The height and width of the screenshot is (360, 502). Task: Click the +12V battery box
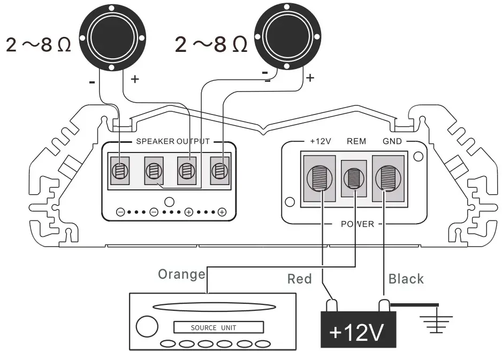pos(358,332)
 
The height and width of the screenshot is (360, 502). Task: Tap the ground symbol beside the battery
pos(437,321)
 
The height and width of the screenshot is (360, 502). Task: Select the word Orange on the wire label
pos(181,274)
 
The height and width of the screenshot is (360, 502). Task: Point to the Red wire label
pos(299,279)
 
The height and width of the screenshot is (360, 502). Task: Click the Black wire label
pos(406,279)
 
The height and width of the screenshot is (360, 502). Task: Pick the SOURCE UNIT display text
pos(213,327)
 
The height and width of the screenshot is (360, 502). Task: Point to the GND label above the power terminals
pos(391,142)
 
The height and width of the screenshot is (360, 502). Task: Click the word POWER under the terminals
pos(357,224)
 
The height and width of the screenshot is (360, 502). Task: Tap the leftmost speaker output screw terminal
pos(120,171)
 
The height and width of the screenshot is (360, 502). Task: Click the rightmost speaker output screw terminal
pos(219,171)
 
